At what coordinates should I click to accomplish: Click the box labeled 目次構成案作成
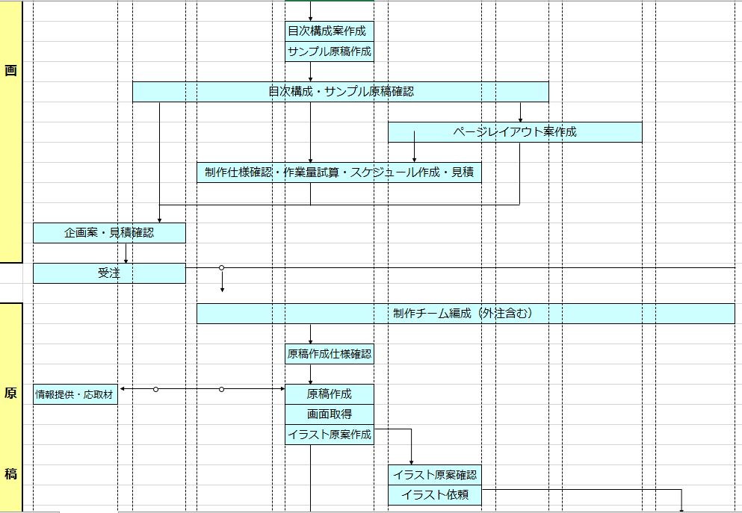click(x=329, y=31)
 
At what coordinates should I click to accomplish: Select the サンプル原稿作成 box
click(x=329, y=52)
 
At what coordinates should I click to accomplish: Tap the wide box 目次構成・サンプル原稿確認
click(x=341, y=92)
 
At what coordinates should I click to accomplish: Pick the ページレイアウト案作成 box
click(x=515, y=132)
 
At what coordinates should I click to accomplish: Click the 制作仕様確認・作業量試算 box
click(x=339, y=172)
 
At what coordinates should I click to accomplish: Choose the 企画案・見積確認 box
click(x=109, y=233)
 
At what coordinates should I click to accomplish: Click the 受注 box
click(x=109, y=273)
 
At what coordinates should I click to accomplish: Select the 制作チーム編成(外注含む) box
click(x=466, y=314)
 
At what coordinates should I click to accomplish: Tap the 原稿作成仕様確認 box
click(x=329, y=354)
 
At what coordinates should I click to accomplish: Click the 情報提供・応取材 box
click(x=75, y=394)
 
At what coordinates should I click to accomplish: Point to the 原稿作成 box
click(x=329, y=394)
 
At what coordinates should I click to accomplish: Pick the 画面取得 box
click(x=329, y=414)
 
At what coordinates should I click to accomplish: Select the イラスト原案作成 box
click(x=329, y=435)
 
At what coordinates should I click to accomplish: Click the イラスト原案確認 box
click(x=434, y=474)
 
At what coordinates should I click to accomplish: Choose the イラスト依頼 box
click(x=434, y=494)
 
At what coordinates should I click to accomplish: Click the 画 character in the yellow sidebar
click(x=10, y=71)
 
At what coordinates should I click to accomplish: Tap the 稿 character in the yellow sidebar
click(x=10, y=473)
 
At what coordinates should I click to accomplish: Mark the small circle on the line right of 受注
click(x=222, y=267)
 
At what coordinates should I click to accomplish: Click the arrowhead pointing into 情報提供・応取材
click(x=122, y=389)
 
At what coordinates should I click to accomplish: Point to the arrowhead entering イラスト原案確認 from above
click(x=412, y=461)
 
